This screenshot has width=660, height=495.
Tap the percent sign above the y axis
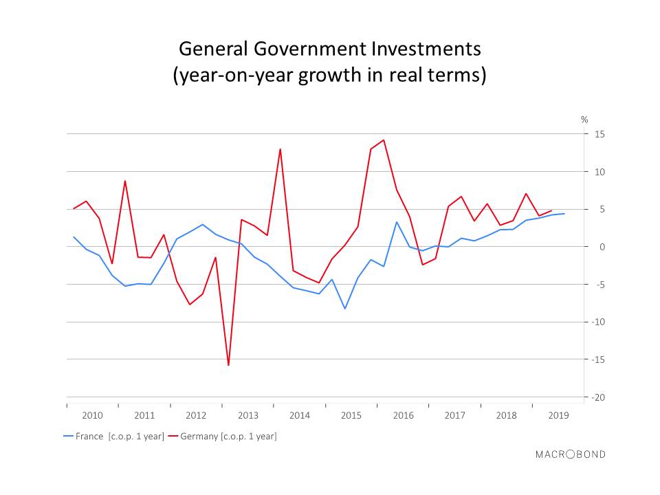click(584, 120)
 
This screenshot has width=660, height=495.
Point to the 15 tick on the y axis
click(599, 134)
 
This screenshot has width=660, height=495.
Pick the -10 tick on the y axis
click(597, 322)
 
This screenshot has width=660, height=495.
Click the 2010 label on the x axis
click(92, 415)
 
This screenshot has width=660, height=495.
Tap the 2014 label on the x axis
click(300, 415)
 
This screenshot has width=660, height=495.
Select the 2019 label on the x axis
click(558, 415)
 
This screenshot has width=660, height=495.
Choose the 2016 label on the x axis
click(403, 415)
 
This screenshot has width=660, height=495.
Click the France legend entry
click(113, 436)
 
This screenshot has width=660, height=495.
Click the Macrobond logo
click(571, 454)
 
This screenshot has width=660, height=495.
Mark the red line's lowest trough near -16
click(228, 365)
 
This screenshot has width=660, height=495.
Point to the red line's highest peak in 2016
click(384, 140)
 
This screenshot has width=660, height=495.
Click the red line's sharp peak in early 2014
click(280, 149)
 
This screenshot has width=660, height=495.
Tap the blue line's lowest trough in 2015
click(344, 309)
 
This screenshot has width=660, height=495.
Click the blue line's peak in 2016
click(397, 222)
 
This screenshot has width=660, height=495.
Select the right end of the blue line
click(564, 213)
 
